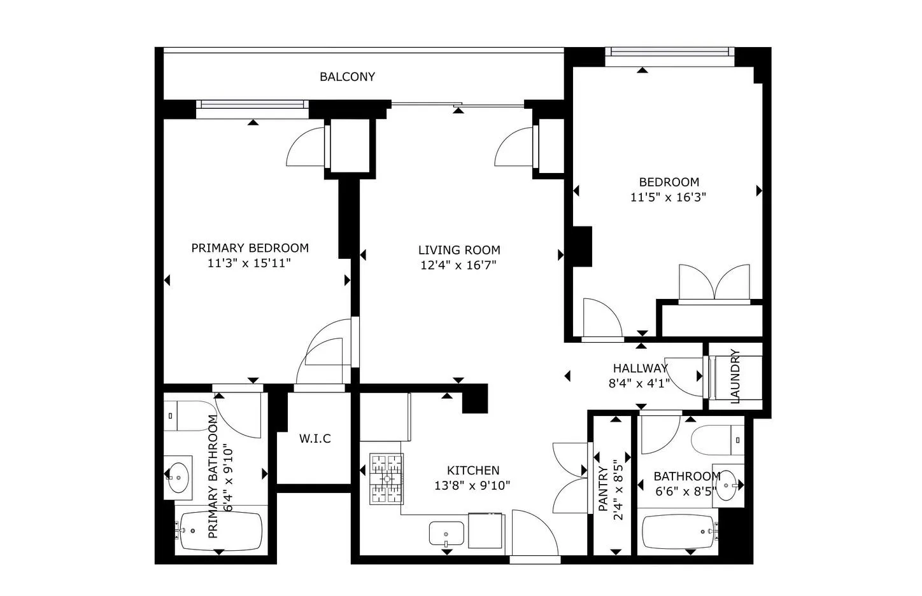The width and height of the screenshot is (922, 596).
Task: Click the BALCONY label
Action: pos(347,77)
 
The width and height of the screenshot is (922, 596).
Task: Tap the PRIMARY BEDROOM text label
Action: pos(250,248)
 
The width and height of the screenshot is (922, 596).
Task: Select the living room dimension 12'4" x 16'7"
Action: pos(458,265)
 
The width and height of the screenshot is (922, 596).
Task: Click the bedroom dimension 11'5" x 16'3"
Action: pos(668,197)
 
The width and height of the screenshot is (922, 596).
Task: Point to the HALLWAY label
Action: pos(640,368)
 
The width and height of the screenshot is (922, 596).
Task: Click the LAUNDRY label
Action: pos(735,376)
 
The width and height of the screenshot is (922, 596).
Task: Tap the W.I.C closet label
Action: pos(315,438)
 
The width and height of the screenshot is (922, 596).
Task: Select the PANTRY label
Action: pos(603,487)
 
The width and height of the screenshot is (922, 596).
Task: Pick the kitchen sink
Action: pos(446,534)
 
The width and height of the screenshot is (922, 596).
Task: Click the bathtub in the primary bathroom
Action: pos(220,530)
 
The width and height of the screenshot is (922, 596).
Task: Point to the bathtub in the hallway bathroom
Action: pos(679,531)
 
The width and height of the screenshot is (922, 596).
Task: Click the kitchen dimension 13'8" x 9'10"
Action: pos(472,486)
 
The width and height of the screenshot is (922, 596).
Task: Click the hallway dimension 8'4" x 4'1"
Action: pos(639,383)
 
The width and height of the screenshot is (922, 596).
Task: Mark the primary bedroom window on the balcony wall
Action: pos(252,105)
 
